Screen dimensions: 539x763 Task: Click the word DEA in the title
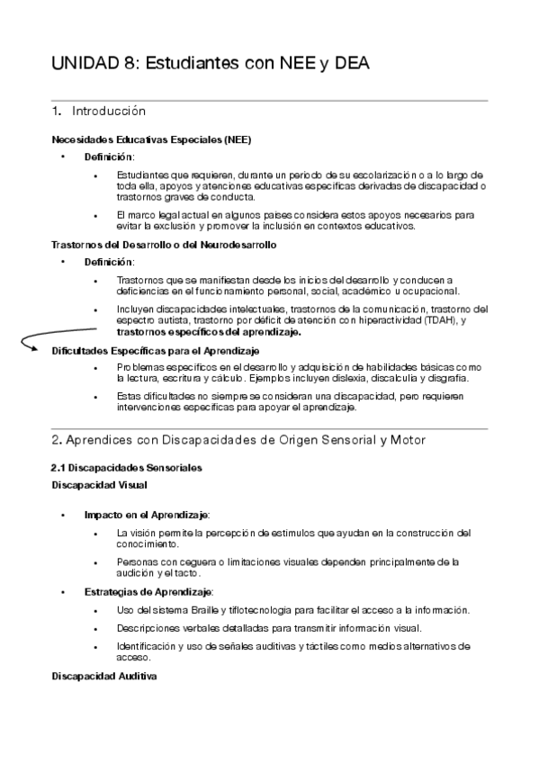point(351,64)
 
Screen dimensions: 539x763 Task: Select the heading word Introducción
point(108,112)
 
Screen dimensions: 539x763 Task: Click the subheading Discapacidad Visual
point(93,485)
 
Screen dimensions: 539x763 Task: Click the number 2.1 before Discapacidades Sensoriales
point(58,468)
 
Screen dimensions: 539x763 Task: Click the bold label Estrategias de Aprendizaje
point(148,591)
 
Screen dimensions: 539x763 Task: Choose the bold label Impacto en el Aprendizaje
point(146,514)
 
